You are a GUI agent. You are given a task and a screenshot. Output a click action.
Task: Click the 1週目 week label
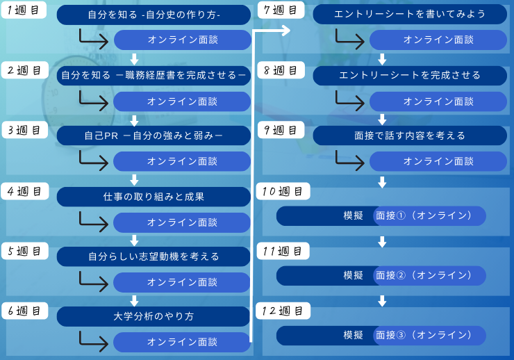[24, 12]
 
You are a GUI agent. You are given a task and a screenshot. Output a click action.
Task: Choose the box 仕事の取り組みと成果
[154, 197]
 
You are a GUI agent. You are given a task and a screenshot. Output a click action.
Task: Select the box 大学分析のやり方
[154, 316]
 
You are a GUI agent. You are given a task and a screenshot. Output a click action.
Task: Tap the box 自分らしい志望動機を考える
[154, 256]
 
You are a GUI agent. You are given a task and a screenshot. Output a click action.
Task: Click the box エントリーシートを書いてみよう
[410, 15]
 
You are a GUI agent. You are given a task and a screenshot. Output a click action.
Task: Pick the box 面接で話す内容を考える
[410, 136]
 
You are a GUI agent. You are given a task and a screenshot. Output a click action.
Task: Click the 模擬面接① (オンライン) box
[381, 216]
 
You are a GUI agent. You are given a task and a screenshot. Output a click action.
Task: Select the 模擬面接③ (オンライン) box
[381, 335]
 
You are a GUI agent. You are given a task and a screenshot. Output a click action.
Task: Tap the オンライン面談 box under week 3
[182, 161]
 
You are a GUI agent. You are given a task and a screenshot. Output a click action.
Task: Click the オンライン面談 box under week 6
[182, 342]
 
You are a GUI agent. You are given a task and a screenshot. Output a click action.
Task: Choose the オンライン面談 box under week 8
[438, 101]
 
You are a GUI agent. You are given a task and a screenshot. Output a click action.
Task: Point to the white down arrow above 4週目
[135, 179]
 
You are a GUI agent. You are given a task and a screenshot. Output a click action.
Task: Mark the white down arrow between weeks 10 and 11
[381, 241]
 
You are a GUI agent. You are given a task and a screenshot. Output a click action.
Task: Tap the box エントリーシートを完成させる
[410, 75]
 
